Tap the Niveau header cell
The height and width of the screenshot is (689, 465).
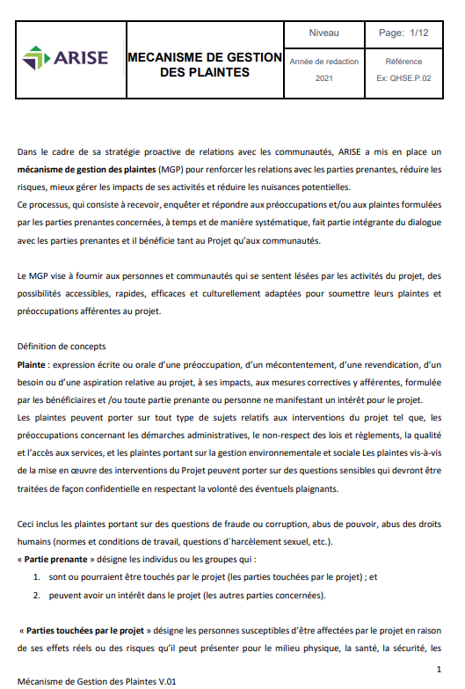tap(323, 33)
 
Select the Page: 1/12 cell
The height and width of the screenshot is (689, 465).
tap(403, 33)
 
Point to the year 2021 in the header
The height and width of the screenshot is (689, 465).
tap(323, 78)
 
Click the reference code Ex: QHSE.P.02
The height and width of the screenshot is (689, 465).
tap(404, 78)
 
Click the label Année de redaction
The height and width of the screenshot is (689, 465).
tap(323, 62)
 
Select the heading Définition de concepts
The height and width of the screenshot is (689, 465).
tap(61, 347)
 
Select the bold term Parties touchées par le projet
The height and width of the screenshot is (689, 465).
tap(83, 631)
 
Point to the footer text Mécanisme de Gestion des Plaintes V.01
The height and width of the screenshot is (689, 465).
tap(97, 680)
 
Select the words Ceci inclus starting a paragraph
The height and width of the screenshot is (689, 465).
tap(40, 524)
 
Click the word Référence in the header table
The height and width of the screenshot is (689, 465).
tap(404, 62)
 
